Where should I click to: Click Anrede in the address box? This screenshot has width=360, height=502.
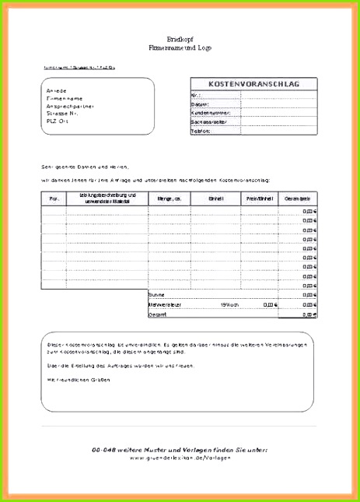(58, 91)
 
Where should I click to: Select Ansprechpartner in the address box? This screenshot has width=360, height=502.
(70, 106)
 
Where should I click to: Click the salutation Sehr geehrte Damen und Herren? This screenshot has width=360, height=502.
(86, 166)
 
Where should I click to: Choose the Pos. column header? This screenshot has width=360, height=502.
(54, 199)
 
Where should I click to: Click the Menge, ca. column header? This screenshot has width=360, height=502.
(170, 199)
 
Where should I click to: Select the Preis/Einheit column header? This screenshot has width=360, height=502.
(258, 199)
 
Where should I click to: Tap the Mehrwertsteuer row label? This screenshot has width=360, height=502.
(166, 305)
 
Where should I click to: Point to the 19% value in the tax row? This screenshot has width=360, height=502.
(226, 305)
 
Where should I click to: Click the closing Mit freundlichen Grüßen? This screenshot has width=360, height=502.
(79, 379)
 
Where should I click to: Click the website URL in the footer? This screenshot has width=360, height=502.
(180, 458)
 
